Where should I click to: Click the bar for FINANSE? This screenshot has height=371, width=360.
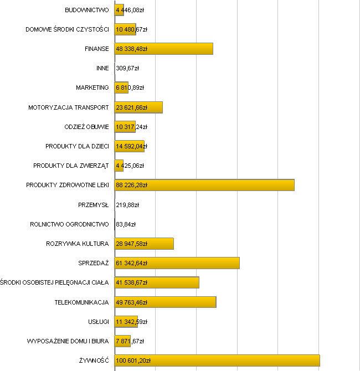163,49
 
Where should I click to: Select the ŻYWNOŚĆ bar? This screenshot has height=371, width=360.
217,360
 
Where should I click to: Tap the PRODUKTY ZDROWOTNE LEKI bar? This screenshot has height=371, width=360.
204,185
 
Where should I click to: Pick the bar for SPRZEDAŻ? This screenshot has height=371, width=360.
177,263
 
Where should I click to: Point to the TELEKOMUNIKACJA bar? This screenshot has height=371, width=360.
165,302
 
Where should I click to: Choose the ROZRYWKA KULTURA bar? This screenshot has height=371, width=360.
144,244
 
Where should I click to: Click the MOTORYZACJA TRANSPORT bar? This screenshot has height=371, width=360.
138,107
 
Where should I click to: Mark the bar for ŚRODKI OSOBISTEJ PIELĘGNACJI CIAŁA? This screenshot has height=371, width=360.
157,282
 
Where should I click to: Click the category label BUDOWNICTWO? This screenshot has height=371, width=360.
86,10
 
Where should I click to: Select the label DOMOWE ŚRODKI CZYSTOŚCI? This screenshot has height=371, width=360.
67,29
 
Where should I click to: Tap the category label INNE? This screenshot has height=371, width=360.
102,69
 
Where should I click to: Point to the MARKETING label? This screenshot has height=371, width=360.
92,88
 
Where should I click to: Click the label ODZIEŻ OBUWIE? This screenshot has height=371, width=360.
86,127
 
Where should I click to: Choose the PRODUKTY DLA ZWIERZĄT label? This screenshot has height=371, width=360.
71,166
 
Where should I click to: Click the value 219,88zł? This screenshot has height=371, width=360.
127,205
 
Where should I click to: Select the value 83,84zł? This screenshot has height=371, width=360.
126,224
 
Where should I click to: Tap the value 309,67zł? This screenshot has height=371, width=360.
127,69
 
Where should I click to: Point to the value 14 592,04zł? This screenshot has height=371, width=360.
131,146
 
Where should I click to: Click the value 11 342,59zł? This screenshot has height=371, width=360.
131,322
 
